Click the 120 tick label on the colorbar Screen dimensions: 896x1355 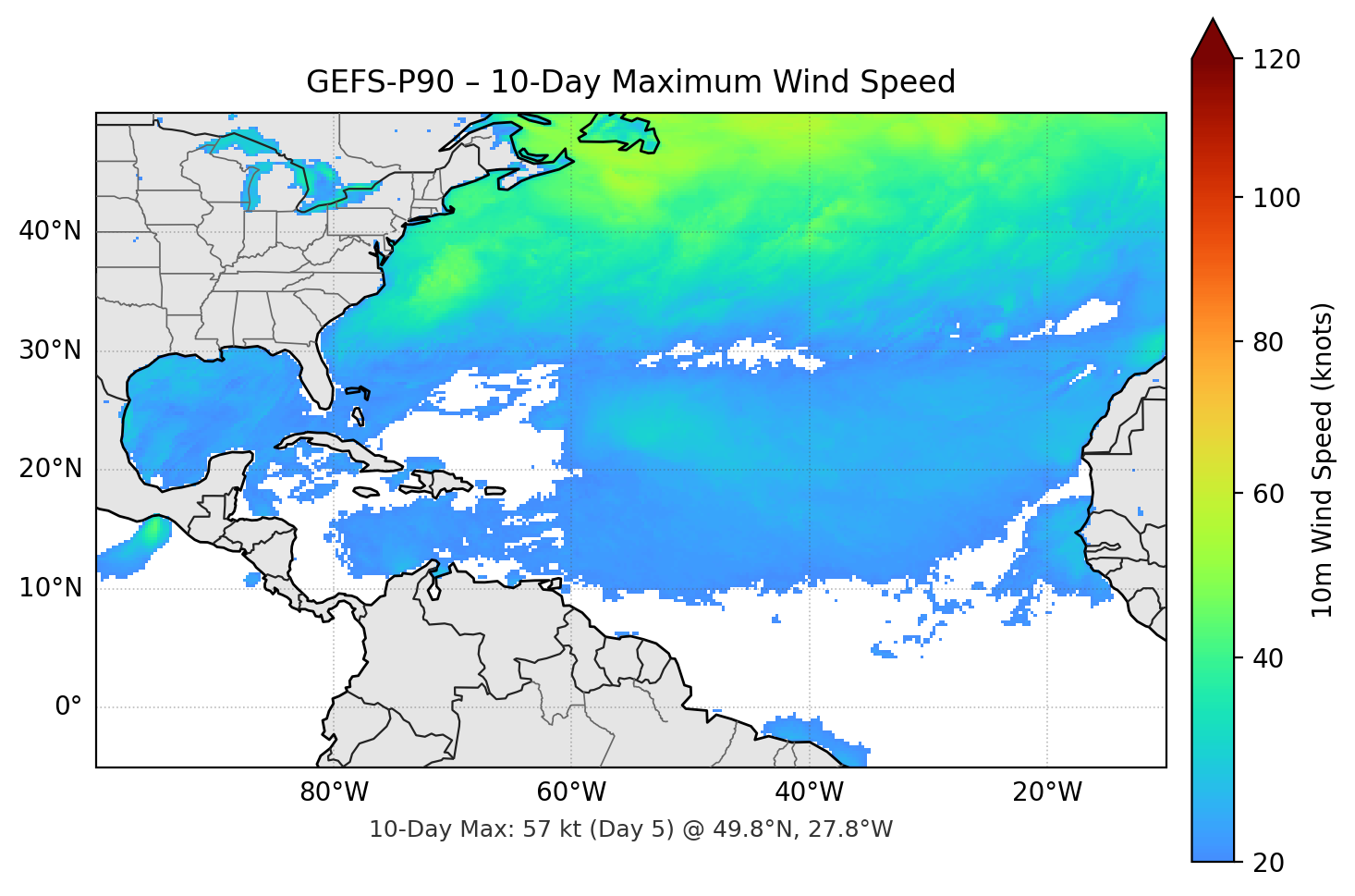coord(1276,59)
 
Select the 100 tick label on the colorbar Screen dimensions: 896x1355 coord(1276,198)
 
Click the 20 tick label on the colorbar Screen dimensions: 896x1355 coord(1268,863)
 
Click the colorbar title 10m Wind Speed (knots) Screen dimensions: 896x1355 coord(1323,460)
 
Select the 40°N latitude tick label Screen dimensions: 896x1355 coord(50,231)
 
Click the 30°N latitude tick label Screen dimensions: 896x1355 coord(50,350)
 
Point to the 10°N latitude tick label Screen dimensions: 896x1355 coord(50,588)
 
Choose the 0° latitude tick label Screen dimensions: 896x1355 coord(67,707)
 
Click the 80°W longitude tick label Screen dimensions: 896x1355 coord(334,792)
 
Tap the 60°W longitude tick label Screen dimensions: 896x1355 coord(571,792)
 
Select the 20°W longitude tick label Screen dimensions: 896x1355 coord(1046,792)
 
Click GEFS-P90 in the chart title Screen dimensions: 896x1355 coord(380,82)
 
